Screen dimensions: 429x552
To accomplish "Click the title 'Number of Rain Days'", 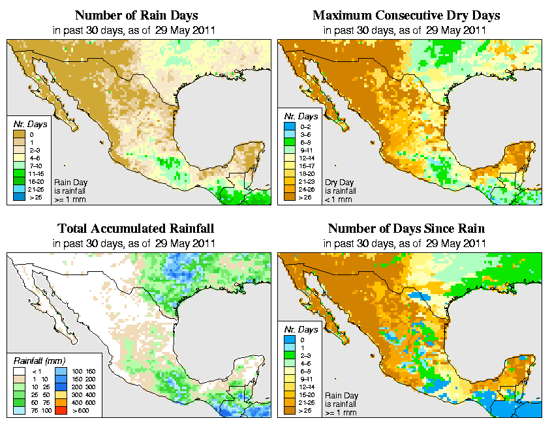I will pyautogui.click(x=136, y=15).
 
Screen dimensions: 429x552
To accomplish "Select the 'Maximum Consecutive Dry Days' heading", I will pyautogui.click(x=406, y=15).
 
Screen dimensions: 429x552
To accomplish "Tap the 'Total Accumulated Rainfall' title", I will pyautogui.click(x=136, y=229).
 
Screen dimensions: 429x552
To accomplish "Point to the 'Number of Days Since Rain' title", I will pyautogui.click(x=406, y=229).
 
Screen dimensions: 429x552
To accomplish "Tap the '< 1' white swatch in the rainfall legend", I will pyautogui.click(x=17, y=370).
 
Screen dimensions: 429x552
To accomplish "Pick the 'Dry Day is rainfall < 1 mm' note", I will pyautogui.click(x=339, y=191).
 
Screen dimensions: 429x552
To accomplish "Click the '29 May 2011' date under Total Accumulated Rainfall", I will pyautogui.click(x=188, y=243).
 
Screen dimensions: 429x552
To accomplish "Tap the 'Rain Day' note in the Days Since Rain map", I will pyautogui.click(x=340, y=396).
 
